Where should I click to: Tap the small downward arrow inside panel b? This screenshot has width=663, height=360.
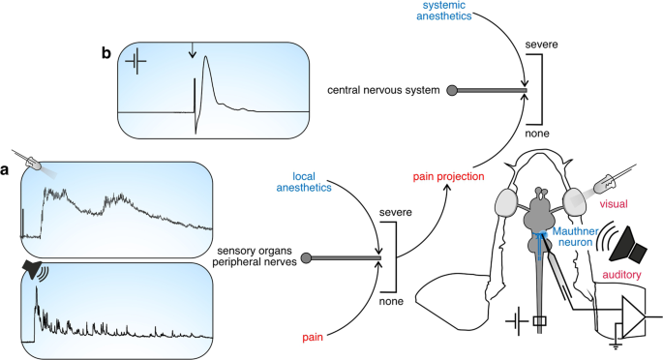[193, 62]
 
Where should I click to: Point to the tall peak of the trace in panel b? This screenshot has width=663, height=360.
[206, 60]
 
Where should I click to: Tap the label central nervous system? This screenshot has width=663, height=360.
[382, 91]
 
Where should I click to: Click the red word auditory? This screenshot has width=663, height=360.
[627, 276]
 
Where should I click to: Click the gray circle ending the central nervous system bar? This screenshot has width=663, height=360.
[451, 91]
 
